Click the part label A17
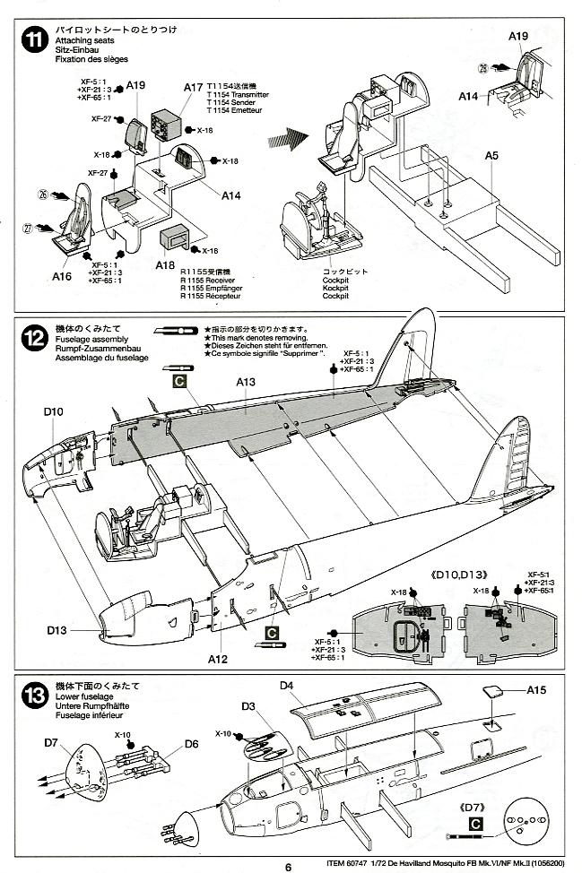coord(194,88)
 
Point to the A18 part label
coord(165,265)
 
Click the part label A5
coord(491,156)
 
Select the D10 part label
coord(54,412)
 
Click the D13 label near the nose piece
coord(57,630)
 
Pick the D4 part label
coord(287,687)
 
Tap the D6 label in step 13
coord(191,743)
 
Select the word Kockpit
coord(335,287)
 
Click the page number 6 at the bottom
coord(290,866)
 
